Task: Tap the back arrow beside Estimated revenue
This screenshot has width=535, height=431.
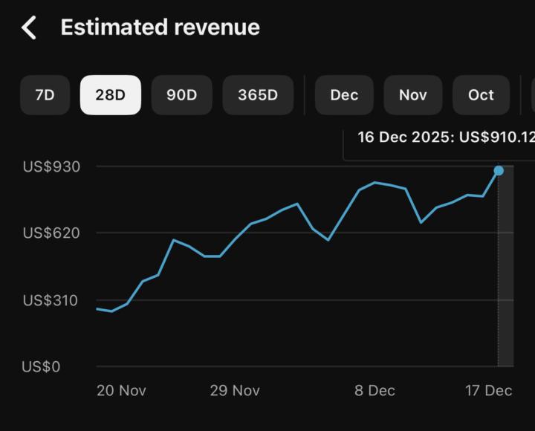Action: pyautogui.click(x=29, y=28)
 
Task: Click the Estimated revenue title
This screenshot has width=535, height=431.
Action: pyautogui.click(x=160, y=27)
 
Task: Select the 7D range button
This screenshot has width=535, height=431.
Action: pyautogui.click(x=45, y=95)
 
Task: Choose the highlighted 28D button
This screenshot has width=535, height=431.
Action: pyautogui.click(x=110, y=95)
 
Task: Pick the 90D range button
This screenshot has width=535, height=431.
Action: pyautogui.click(x=181, y=95)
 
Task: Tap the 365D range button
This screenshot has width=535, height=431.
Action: pyautogui.click(x=257, y=95)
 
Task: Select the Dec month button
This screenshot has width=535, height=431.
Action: pyautogui.click(x=344, y=95)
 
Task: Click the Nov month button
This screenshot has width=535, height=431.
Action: pyautogui.click(x=412, y=95)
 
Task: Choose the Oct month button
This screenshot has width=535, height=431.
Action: pyautogui.click(x=481, y=95)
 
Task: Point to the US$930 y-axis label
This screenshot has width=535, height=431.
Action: pyautogui.click(x=51, y=166)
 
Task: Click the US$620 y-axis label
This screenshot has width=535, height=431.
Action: pyautogui.click(x=51, y=233)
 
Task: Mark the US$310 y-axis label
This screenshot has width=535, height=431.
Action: pyautogui.click(x=51, y=300)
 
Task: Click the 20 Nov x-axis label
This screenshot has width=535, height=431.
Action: pyautogui.click(x=121, y=391)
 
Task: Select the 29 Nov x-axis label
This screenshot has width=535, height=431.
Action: pyautogui.click(x=235, y=391)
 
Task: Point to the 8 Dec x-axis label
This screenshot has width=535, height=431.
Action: pyautogui.click(x=374, y=391)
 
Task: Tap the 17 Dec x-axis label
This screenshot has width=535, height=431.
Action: pyautogui.click(x=489, y=391)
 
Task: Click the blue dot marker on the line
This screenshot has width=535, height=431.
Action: pyautogui.click(x=499, y=171)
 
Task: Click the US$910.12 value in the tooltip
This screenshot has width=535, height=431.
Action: pyautogui.click(x=497, y=137)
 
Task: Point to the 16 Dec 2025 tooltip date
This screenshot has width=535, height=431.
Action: pyautogui.click(x=404, y=137)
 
